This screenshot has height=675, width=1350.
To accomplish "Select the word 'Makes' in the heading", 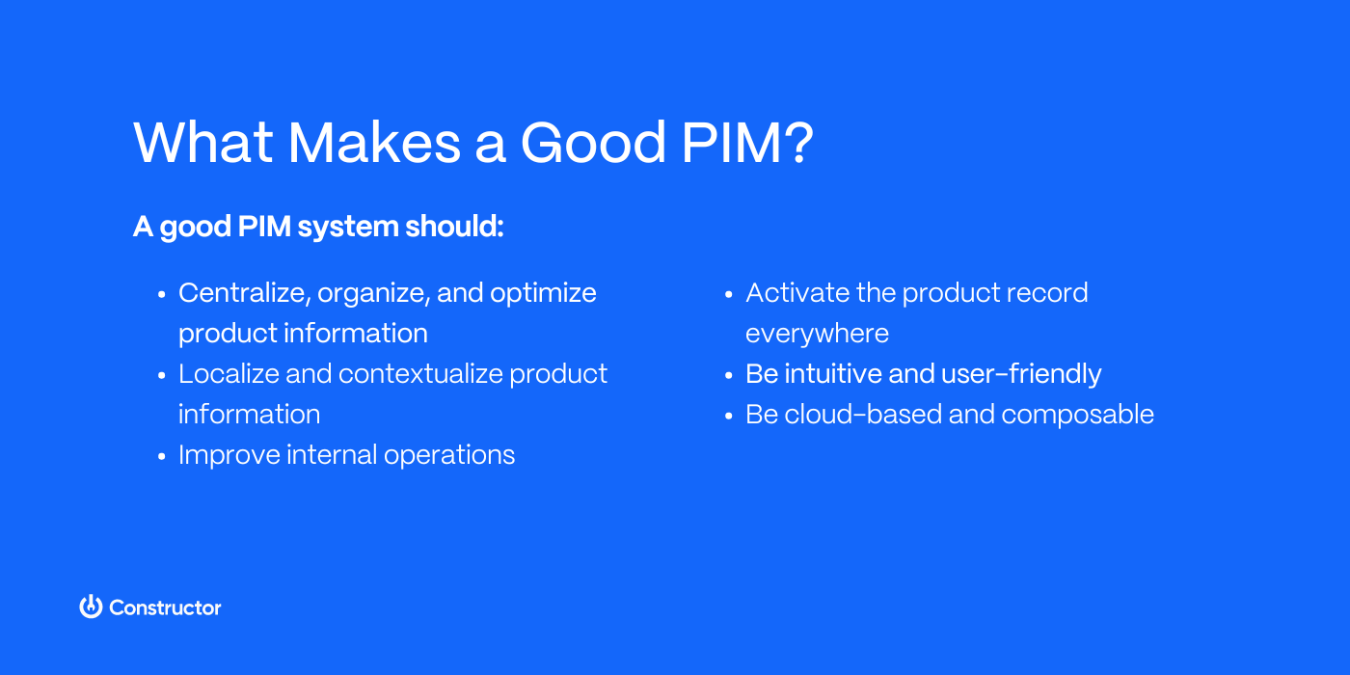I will click(x=375, y=143).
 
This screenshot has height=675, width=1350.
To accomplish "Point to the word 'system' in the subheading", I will click(x=348, y=227).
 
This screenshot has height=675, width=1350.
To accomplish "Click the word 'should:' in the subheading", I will click(x=454, y=227).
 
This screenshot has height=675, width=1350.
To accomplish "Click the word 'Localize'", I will click(x=228, y=374).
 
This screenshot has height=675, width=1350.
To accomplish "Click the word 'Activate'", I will click(x=796, y=293).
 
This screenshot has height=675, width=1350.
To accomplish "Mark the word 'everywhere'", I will click(x=817, y=334).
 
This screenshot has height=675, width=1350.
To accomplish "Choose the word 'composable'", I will click(x=1077, y=415).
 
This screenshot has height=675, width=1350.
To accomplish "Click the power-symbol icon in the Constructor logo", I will click(x=91, y=607).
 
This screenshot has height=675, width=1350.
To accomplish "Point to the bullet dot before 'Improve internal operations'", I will click(x=161, y=456).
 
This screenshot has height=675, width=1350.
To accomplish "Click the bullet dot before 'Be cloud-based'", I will click(x=728, y=416).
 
